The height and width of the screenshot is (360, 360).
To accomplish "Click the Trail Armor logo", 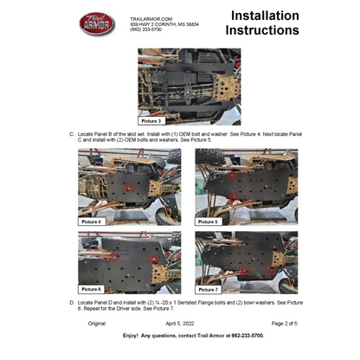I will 97,24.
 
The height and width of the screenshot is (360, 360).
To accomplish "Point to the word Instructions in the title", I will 261,31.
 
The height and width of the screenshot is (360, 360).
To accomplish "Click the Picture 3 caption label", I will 152,122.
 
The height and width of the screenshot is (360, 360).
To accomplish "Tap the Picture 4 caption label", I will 91,222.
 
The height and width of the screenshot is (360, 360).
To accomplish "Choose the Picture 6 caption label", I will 91,288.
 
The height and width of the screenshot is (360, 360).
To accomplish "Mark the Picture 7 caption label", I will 209,288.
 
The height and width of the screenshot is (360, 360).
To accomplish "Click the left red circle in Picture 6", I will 114,257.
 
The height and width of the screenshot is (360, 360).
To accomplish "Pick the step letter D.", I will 71,303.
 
